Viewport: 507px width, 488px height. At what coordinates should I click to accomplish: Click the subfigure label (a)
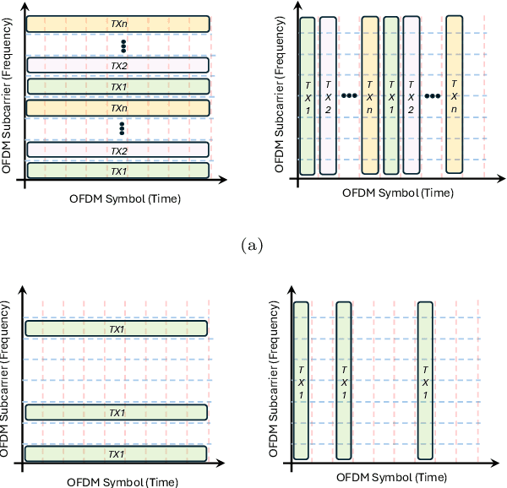click(x=253, y=246)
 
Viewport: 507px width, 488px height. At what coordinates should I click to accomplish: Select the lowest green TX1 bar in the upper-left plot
click(x=117, y=171)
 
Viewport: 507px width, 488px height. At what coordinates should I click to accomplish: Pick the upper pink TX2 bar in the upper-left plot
click(x=117, y=64)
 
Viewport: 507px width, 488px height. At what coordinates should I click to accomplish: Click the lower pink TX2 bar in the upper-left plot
click(x=117, y=150)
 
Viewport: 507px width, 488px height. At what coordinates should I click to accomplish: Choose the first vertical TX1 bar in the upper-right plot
click(x=308, y=95)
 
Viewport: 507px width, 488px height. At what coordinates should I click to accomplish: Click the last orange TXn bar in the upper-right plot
click(x=455, y=94)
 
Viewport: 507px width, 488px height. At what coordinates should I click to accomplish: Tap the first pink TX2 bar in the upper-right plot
click(x=328, y=95)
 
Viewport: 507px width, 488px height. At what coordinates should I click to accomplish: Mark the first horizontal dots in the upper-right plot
click(x=349, y=95)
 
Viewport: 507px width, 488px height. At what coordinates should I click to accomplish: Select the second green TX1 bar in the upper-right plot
click(x=390, y=95)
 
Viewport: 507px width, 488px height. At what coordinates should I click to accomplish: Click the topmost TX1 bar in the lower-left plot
click(x=117, y=328)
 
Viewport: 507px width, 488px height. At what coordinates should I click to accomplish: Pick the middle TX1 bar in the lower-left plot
click(x=117, y=412)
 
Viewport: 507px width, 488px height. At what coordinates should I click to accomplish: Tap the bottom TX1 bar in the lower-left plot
click(x=117, y=453)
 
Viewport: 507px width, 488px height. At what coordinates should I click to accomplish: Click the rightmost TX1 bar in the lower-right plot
click(x=425, y=380)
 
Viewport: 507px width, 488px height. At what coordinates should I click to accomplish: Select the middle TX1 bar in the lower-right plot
click(x=343, y=380)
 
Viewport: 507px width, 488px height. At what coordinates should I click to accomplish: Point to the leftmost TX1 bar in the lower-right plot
click(x=302, y=380)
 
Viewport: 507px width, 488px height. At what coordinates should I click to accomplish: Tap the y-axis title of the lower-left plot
click(x=8, y=380)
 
